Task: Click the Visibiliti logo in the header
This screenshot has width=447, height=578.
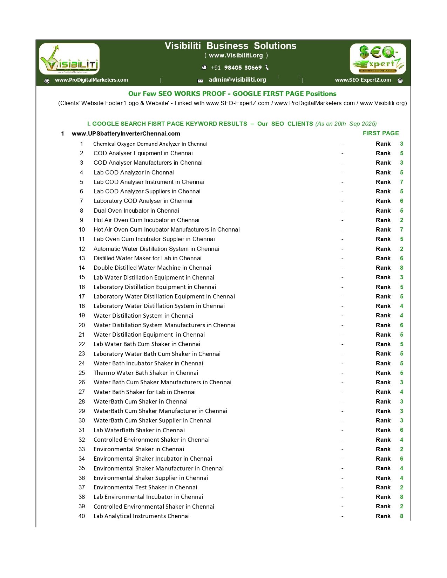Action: click(x=69, y=59)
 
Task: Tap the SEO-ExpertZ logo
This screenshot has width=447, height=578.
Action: click(x=378, y=59)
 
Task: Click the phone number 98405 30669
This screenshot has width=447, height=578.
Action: click(x=243, y=68)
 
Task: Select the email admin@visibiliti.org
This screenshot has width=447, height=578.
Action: click(x=237, y=80)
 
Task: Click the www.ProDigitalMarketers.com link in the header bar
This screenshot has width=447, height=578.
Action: click(x=91, y=80)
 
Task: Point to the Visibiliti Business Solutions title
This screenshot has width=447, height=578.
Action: click(x=230, y=46)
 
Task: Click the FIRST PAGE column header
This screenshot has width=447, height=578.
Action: click(x=381, y=133)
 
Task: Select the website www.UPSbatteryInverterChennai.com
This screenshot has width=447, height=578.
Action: click(x=126, y=133)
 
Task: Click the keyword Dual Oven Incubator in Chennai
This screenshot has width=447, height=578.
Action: click(x=136, y=211)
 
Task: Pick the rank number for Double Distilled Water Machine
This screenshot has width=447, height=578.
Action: click(x=401, y=268)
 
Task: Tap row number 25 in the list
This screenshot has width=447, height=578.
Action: click(x=82, y=373)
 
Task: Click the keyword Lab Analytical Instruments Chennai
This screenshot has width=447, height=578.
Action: click(x=141, y=516)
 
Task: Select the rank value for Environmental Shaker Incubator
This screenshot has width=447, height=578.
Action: click(x=401, y=459)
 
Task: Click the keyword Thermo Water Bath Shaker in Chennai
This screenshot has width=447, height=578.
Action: click(x=145, y=373)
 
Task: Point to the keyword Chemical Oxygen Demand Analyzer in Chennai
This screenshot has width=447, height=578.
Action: click(x=150, y=144)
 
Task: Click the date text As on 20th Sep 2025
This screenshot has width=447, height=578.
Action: click(x=346, y=124)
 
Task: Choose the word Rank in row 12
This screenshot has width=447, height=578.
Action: click(x=383, y=249)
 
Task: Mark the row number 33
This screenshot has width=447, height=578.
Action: click(x=82, y=449)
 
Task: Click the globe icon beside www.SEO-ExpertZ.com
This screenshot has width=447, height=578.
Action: click(x=400, y=81)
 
